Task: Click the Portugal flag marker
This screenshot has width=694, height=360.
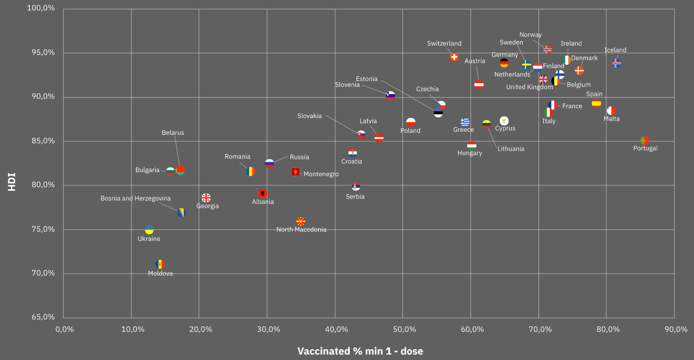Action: coord(645,140)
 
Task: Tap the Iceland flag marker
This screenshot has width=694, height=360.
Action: coord(617,63)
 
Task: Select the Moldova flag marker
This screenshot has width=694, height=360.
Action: coord(159,264)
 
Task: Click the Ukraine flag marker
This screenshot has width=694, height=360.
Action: coord(149,229)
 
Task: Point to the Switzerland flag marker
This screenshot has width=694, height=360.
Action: coord(454,57)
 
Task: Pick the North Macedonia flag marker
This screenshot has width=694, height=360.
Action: coord(301,221)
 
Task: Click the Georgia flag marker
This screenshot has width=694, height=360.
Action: coord(206,197)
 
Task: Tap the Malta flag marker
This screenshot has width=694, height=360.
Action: coord(611,110)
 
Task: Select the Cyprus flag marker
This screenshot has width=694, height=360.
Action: coord(504,121)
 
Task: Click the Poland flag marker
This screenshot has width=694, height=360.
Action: coord(411,122)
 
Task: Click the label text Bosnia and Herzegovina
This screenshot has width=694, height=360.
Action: coord(135,198)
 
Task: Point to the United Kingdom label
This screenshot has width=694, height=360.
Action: coord(529,87)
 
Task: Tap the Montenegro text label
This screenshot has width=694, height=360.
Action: coord(321,174)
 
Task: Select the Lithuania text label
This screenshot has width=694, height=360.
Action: coord(511,148)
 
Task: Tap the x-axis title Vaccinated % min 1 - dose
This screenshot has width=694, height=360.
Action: coord(360,351)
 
